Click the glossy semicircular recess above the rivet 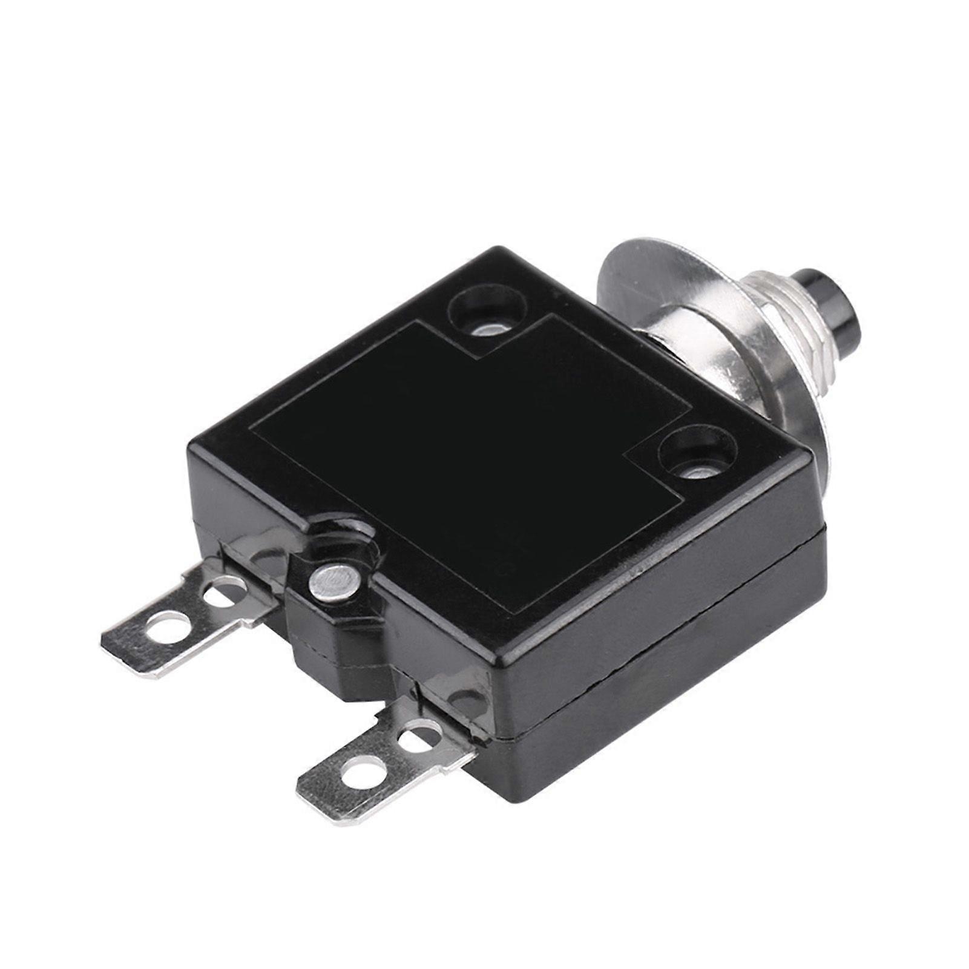click(x=345, y=533)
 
